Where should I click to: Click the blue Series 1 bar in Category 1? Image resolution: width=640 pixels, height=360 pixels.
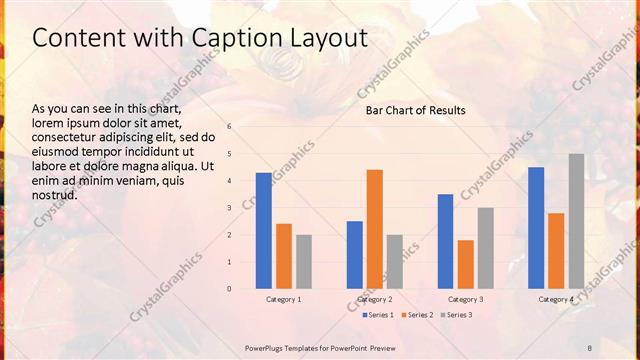(x=264, y=231)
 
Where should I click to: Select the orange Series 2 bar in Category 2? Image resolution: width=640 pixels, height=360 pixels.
(x=375, y=229)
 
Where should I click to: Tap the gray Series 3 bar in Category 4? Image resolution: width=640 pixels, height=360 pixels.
(x=576, y=221)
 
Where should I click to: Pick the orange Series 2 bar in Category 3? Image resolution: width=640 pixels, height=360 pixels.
(x=466, y=264)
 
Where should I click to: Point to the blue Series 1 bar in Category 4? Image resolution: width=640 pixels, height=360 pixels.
(x=536, y=228)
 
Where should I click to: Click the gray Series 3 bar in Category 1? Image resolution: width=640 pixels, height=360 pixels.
(x=304, y=262)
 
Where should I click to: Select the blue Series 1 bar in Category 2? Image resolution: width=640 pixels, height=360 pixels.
(x=355, y=255)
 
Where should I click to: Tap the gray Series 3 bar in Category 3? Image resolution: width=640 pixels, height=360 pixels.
(x=486, y=248)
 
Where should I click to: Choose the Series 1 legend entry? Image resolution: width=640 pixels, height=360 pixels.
(x=376, y=315)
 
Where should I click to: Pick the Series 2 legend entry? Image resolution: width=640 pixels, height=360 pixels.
(x=415, y=315)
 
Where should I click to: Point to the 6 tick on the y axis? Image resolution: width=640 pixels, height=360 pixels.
(x=229, y=127)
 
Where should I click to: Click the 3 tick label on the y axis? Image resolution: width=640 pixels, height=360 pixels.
(x=229, y=208)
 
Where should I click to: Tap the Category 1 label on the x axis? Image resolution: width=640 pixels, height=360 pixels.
(x=284, y=299)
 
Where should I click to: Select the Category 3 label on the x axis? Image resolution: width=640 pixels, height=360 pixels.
(x=466, y=299)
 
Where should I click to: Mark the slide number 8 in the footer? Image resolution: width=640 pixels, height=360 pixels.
(x=589, y=346)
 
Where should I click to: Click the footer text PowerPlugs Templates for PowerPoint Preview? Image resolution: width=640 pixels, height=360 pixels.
(x=320, y=346)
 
